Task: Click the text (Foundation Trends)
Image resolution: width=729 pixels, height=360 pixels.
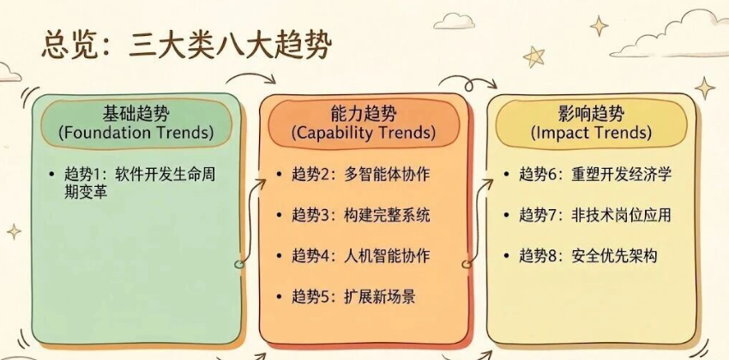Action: [x=136, y=134]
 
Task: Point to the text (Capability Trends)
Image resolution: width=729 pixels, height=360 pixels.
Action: [x=364, y=134]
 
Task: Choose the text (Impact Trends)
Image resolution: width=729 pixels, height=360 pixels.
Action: [x=591, y=134]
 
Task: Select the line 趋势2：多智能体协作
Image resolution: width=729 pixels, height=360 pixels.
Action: [x=361, y=175]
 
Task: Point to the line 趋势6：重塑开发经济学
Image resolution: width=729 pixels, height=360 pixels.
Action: [x=595, y=175]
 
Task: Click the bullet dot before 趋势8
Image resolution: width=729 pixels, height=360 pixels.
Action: [x=507, y=257]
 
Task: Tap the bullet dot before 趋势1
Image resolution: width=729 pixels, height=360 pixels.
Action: [x=52, y=175]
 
